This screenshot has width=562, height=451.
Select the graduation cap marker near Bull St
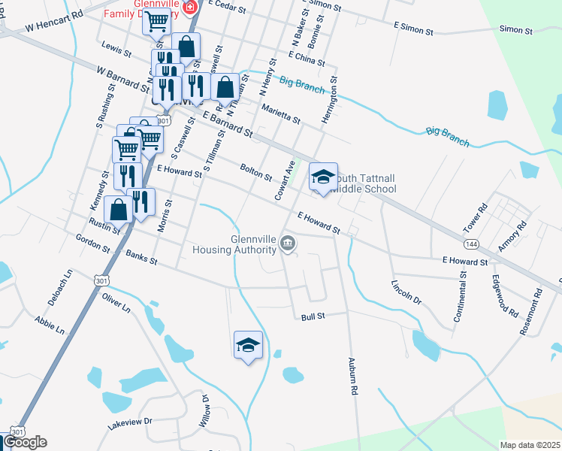(x=249, y=345)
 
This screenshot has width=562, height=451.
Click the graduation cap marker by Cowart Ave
(x=324, y=177)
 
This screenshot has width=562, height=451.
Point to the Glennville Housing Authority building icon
(x=288, y=244)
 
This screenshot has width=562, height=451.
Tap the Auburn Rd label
(x=352, y=376)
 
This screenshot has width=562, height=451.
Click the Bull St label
(x=313, y=316)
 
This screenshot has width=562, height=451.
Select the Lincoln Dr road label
(x=406, y=292)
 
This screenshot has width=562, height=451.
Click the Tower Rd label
(x=476, y=216)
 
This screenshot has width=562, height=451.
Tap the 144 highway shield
(x=471, y=244)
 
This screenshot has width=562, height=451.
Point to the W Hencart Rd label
(x=53, y=26)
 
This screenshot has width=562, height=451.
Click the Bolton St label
(x=255, y=172)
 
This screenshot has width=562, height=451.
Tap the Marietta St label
(x=280, y=114)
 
